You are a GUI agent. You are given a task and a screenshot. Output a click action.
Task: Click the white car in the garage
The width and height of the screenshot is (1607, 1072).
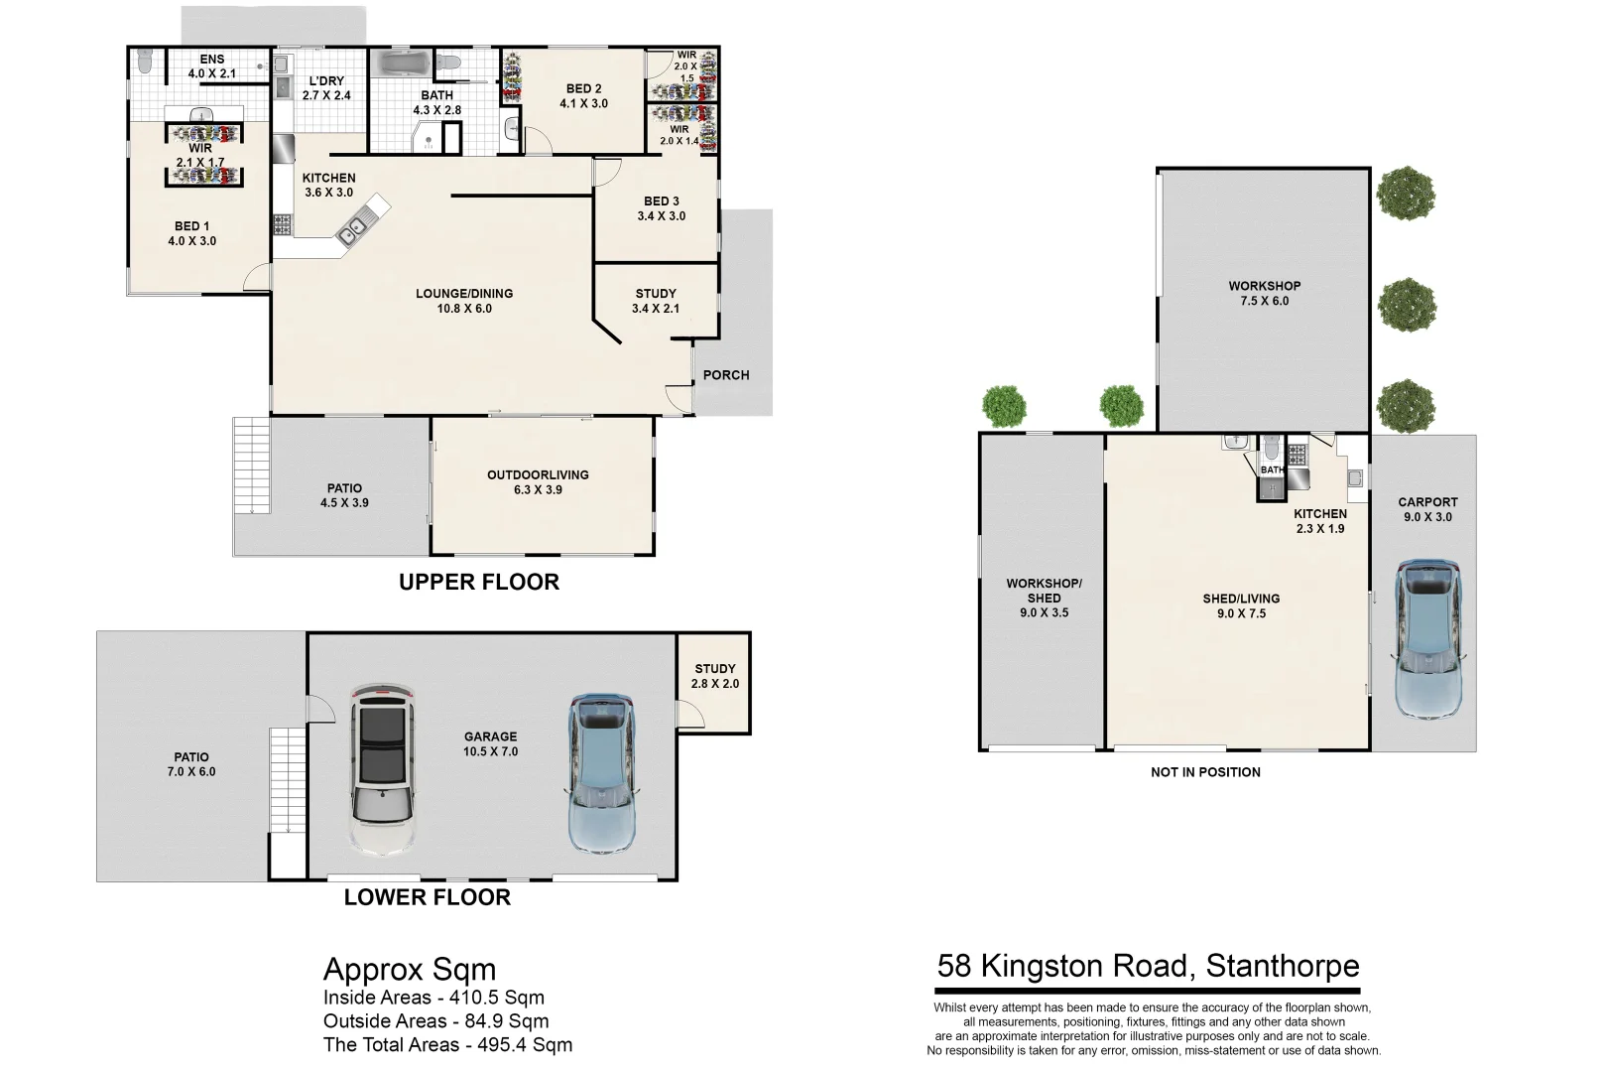pyautogui.click(x=382, y=769)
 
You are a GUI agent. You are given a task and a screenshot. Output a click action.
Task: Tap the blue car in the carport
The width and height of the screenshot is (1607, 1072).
pyautogui.click(x=1427, y=639)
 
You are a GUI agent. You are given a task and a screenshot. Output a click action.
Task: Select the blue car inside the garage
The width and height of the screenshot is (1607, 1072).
pyautogui.click(x=601, y=773)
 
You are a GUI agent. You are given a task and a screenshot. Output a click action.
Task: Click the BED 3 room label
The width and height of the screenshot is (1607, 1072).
pyautogui.click(x=662, y=208)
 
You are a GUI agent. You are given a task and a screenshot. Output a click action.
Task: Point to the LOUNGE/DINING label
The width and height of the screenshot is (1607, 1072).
pyautogui.click(x=464, y=301)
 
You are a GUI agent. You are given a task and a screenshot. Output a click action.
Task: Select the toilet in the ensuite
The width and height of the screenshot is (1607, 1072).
pyautogui.click(x=145, y=61)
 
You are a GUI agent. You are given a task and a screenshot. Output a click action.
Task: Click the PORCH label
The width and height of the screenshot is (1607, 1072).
pyautogui.click(x=726, y=375)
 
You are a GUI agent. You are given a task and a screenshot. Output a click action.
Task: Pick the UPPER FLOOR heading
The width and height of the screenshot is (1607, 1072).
pyautogui.click(x=478, y=582)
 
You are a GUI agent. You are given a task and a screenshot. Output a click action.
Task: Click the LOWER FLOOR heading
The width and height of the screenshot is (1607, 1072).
pyautogui.click(x=427, y=896)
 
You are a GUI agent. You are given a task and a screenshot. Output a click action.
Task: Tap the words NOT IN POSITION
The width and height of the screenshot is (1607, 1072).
pyautogui.click(x=1205, y=772)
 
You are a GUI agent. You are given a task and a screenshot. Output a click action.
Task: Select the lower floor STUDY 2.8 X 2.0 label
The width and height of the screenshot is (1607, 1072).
pyautogui.click(x=714, y=676)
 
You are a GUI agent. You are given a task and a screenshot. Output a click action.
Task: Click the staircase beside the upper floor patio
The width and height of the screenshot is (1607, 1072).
pyautogui.click(x=251, y=465)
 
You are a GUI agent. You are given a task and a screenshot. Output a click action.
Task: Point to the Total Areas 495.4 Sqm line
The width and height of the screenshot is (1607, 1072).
pyautogui.click(x=447, y=1045)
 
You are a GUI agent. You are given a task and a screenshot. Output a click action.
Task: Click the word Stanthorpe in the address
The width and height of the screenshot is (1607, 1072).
pyautogui.click(x=1283, y=966)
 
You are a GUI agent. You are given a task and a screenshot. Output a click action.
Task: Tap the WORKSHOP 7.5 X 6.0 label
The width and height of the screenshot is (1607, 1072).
pyautogui.click(x=1264, y=293)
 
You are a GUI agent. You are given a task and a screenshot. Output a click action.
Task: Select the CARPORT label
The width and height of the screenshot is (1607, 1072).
pyautogui.click(x=1427, y=502)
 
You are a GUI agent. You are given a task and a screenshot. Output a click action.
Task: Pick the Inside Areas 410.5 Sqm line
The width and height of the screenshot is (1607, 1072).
pyautogui.click(x=433, y=998)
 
